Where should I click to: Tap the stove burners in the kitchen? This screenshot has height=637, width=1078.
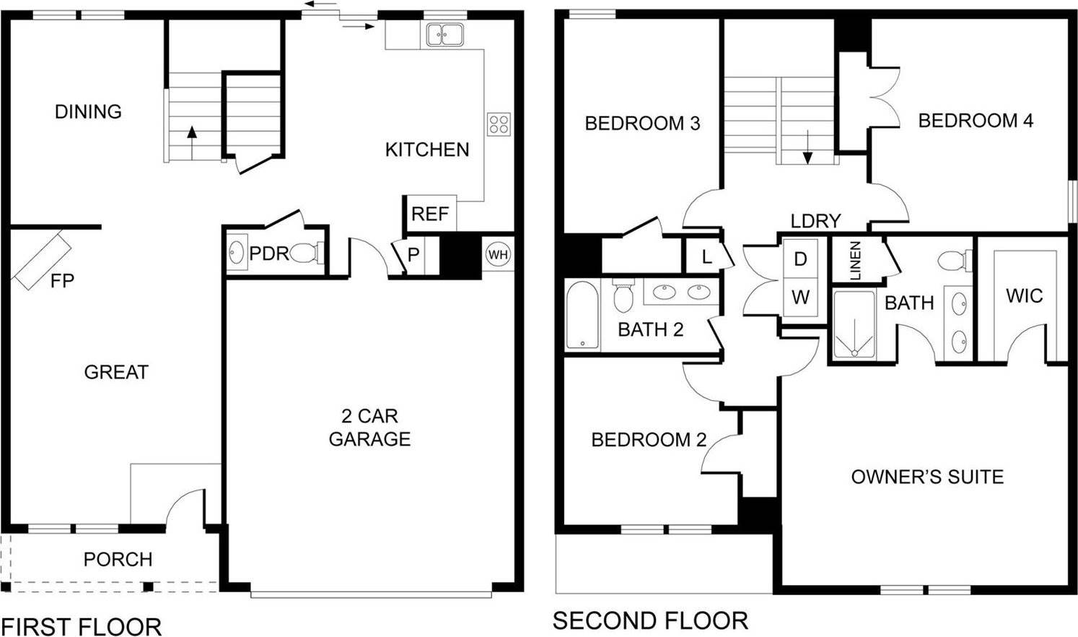[x=499, y=123]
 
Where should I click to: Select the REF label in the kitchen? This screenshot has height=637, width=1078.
[x=430, y=214]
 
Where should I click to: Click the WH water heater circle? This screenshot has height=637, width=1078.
[x=498, y=254]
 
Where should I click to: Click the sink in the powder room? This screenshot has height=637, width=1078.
[x=236, y=253]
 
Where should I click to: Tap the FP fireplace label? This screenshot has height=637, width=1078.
[x=62, y=280]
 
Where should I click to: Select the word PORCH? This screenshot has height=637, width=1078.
[x=118, y=560]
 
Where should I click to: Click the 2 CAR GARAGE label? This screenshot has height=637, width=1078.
[x=369, y=428]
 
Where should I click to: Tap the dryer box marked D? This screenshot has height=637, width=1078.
[x=800, y=259]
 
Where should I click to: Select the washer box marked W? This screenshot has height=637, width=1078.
[x=800, y=296]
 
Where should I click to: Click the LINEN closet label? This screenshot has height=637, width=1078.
[x=856, y=260]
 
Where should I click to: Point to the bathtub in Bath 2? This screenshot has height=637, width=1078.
[x=582, y=316]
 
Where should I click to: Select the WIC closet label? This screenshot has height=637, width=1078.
[x=1024, y=295]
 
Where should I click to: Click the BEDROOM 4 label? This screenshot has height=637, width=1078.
[x=975, y=121]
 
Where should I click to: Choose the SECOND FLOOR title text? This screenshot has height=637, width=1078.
[x=650, y=620]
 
